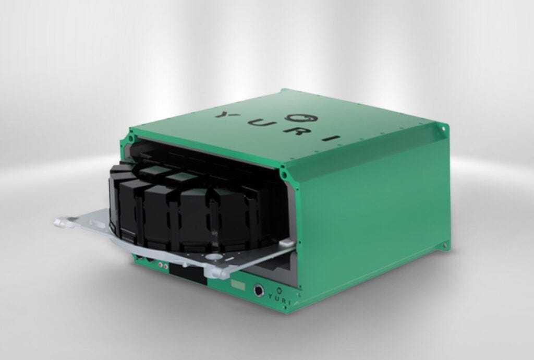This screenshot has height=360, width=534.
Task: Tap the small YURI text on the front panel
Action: point(280,299)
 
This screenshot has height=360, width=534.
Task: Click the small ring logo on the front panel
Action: point(280,290)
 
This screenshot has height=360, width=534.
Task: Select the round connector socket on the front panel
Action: point(259,291)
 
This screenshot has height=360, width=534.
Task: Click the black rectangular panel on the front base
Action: point(188,274)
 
